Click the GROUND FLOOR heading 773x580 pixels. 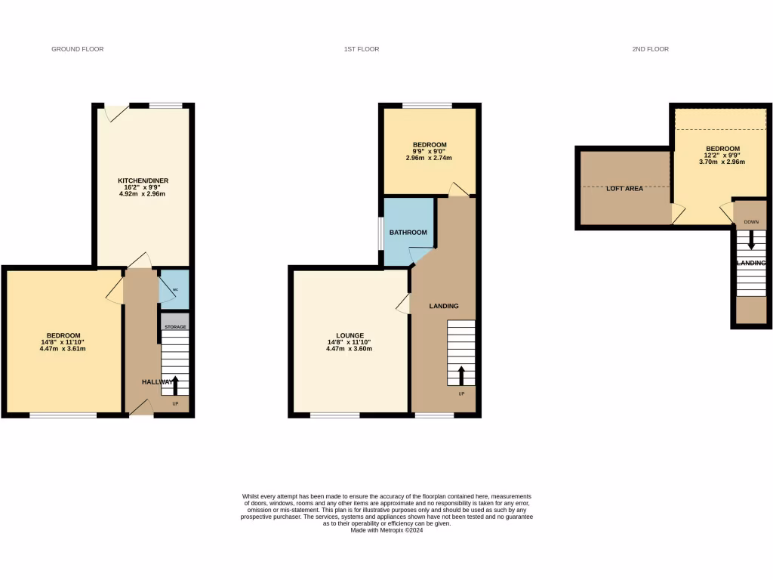(x=77, y=49)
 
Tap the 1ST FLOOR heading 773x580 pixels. (x=361, y=49)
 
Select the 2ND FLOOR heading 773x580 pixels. (x=650, y=49)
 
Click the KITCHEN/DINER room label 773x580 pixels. (x=143, y=180)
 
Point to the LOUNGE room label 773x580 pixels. (x=350, y=335)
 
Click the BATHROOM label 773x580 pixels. (x=408, y=233)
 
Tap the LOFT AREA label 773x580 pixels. (x=624, y=189)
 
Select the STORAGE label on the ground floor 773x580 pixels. (x=175, y=327)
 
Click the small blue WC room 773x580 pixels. (x=174, y=288)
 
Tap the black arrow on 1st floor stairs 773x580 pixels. (x=461, y=375)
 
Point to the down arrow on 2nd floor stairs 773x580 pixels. (x=750, y=241)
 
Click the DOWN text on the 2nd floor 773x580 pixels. (x=750, y=222)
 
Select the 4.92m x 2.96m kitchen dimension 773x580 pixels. (x=142, y=194)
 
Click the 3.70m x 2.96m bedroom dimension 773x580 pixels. (x=722, y=162)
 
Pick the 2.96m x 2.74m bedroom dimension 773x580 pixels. (x=429, y=158)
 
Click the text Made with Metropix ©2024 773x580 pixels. (x=386, y=530)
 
